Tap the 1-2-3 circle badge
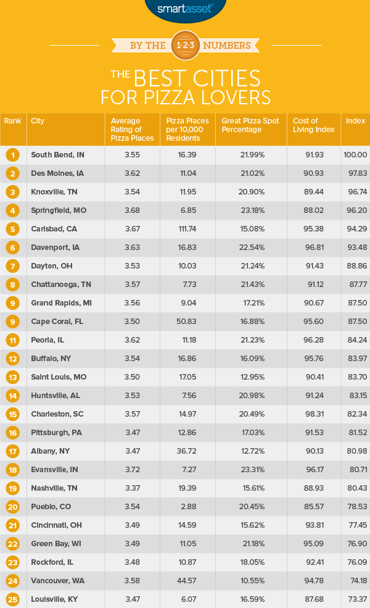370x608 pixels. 185,45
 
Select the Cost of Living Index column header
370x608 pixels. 314,125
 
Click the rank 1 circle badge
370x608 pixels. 13,155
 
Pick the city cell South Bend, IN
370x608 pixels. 55,155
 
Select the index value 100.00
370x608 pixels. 356,155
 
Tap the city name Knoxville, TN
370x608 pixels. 55,192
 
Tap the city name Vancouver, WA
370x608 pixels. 56,581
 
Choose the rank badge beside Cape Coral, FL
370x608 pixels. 13,322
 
